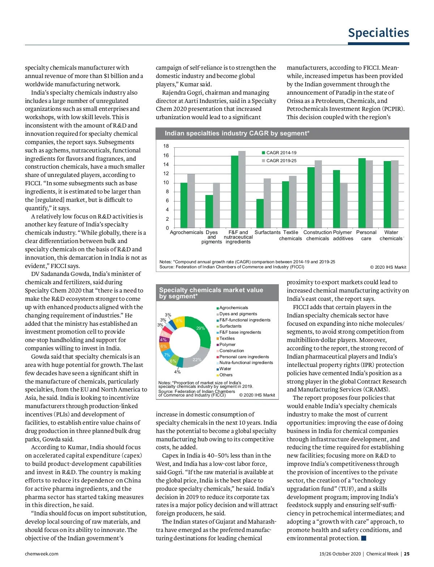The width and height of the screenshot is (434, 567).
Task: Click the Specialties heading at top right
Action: tap(378, 33)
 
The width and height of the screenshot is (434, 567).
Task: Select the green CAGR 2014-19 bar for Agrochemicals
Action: tap(184, 205)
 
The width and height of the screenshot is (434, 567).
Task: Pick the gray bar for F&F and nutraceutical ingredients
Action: tap(242, 189)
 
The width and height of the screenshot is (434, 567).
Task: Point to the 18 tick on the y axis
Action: tap(166, 146)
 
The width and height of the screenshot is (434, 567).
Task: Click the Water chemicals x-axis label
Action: tap(391, 235)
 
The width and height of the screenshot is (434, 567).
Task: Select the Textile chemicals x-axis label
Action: tap(290, 235)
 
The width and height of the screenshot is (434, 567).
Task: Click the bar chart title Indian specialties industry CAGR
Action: tap(237, 134)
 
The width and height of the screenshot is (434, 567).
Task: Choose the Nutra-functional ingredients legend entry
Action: tap(246, 363)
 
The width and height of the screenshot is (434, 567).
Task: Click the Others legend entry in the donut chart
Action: tap(226, 375)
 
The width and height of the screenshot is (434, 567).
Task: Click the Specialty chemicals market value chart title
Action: tap(211, 293)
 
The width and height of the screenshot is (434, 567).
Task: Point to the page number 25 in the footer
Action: tap(407, 554)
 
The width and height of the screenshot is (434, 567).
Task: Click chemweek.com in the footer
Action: tap(42, 554)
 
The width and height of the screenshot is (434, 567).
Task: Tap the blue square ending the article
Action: tap(364, 538)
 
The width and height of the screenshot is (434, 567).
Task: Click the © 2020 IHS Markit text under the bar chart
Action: tap(388, 267)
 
